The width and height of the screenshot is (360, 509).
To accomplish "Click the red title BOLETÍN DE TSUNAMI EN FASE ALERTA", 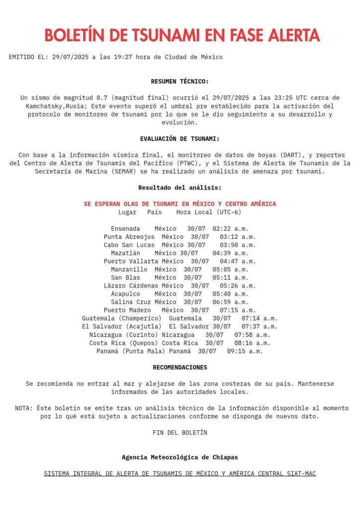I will click(181, 35).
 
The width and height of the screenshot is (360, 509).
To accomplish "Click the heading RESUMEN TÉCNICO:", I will click(180, 81).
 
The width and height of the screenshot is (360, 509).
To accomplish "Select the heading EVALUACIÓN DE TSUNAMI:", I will click(180, 139).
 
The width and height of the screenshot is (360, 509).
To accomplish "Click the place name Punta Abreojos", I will click(129, 237).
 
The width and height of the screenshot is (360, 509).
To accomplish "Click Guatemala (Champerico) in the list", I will click(122, 318).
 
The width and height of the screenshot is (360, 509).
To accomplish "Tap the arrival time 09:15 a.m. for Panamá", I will click(245, 351).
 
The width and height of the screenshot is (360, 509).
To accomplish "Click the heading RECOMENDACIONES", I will click(180, 367).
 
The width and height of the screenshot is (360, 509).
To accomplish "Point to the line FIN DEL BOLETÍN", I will click(180, 432).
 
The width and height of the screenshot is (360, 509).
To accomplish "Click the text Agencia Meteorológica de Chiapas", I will click(180, 457).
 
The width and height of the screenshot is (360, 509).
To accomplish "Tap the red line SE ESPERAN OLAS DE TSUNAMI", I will click(180, 204).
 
